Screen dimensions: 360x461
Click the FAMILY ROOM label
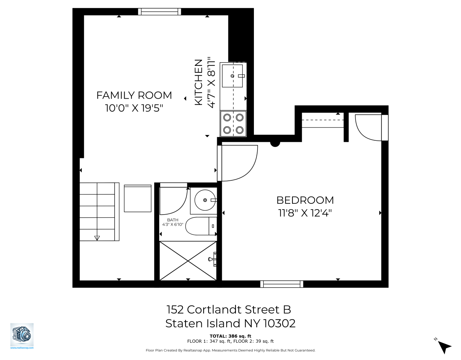[134, 95]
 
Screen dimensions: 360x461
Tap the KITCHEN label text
[198, 82]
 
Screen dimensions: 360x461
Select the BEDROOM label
[305, 200]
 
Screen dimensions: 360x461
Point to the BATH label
[173, 220]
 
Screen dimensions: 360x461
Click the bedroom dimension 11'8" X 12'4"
[305, 213]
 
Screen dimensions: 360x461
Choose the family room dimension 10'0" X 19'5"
[134, 108]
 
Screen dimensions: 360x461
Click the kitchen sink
[232, 76]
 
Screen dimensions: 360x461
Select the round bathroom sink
[205, 200]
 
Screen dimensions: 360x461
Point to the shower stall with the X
[188, 260]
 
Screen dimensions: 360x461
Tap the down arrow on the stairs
[97, 238]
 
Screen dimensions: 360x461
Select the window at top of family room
[160, 12]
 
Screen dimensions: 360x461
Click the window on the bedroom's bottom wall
[282, 284]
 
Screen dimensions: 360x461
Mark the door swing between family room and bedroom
[238, 163]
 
